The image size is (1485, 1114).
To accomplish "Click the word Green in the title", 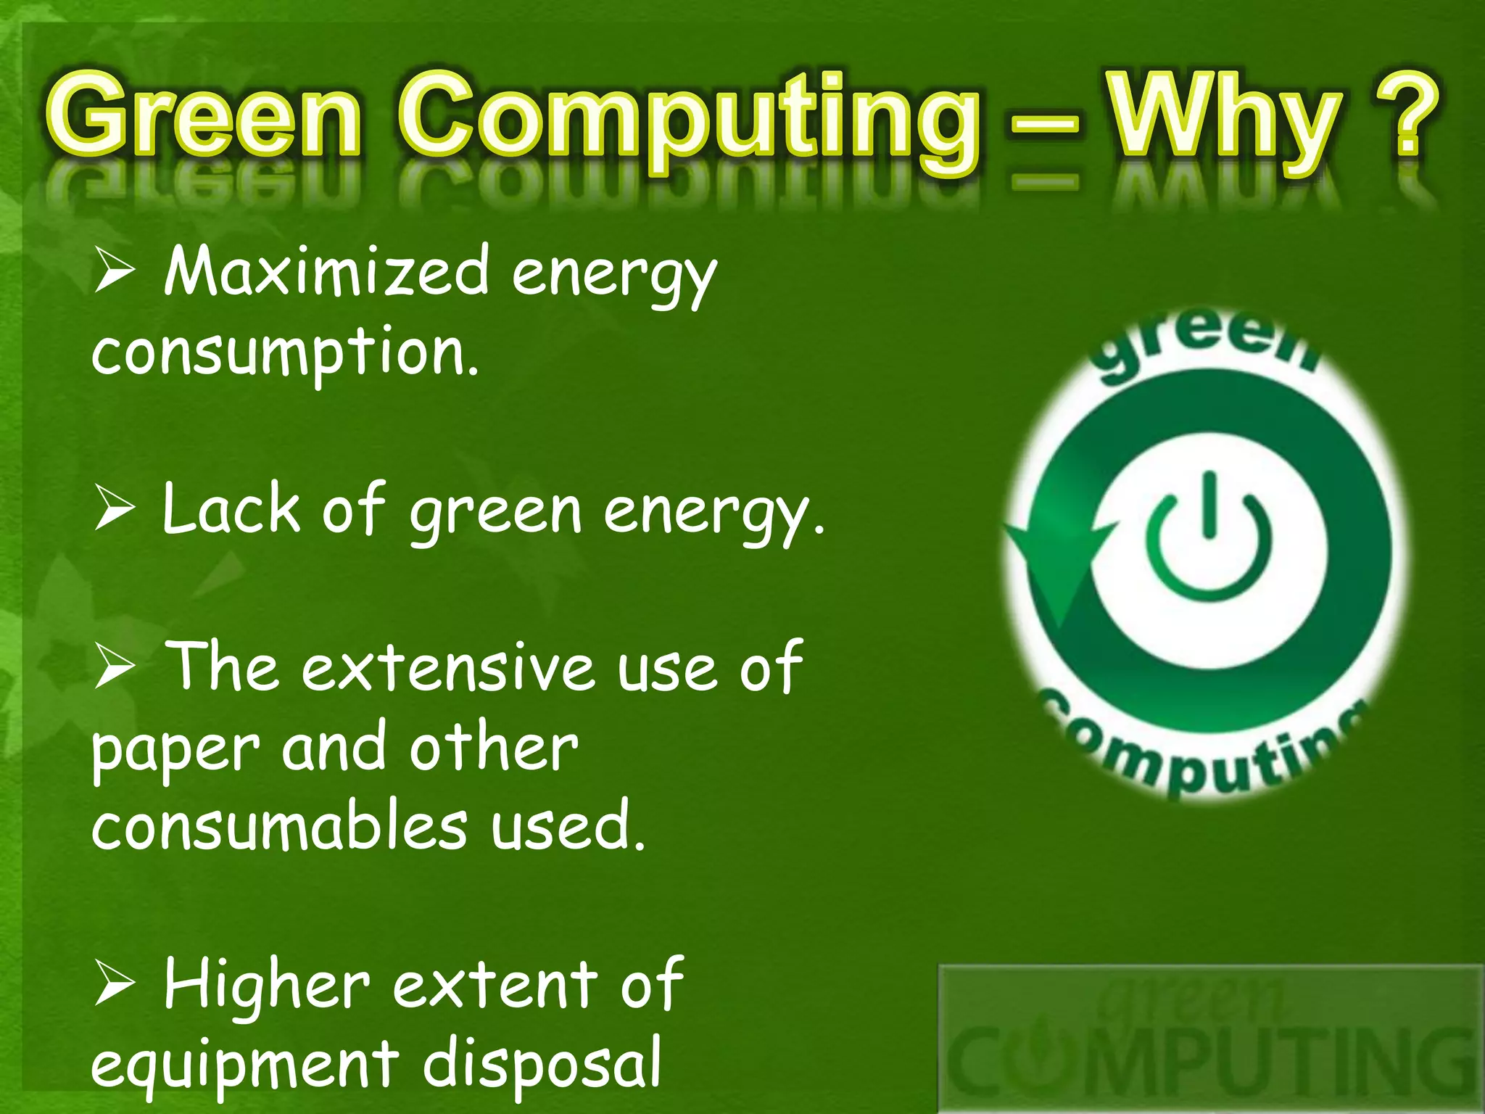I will [203, 116].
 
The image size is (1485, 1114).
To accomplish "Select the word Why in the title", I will [1225, 120].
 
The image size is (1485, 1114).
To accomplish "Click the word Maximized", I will [326, 272].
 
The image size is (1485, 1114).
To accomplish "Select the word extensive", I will [448, 669].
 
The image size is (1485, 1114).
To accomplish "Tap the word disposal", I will [542, 1063].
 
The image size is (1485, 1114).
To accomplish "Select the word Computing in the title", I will [689, 120].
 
